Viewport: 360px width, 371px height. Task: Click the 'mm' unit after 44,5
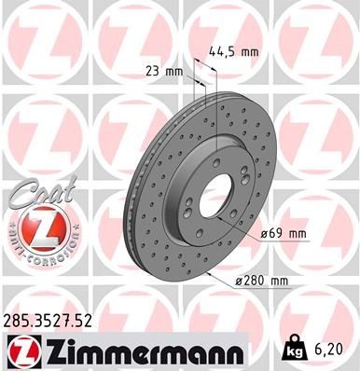tap(248, 52)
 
